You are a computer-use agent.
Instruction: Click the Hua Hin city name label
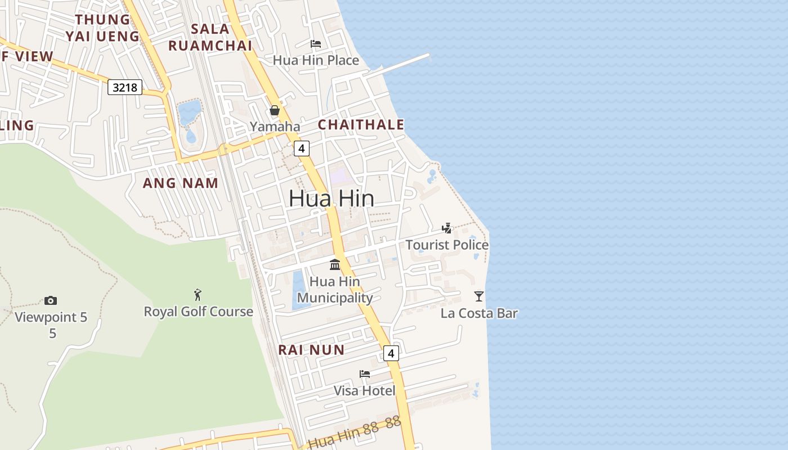(332, 198)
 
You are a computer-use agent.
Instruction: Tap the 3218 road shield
(125, 87)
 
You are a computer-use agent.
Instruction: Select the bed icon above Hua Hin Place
(316, 44)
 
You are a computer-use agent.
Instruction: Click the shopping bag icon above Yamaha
(275, 110)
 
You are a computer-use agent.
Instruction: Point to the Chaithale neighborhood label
(361, 125)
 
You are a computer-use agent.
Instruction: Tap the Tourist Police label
(447, 245)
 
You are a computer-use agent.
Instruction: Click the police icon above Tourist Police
(447, 228)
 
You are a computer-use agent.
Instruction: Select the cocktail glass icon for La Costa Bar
(479, 296)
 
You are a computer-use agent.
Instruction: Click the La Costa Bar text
(479, 313)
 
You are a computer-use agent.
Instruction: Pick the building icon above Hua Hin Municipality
(335, 264)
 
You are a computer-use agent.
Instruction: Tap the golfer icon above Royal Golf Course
(198, 294)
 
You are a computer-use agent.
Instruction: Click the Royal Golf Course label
(198, 311)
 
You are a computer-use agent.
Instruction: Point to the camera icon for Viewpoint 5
(51, 301)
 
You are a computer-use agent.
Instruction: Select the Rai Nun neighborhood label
(311, 350)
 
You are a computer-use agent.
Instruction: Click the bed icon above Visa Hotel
(365, 374)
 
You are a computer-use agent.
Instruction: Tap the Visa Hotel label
(365, 390)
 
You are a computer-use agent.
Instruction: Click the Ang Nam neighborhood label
(180, 183)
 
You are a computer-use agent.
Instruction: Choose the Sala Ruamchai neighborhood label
(210, 37)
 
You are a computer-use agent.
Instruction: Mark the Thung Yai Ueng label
(102, 28)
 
